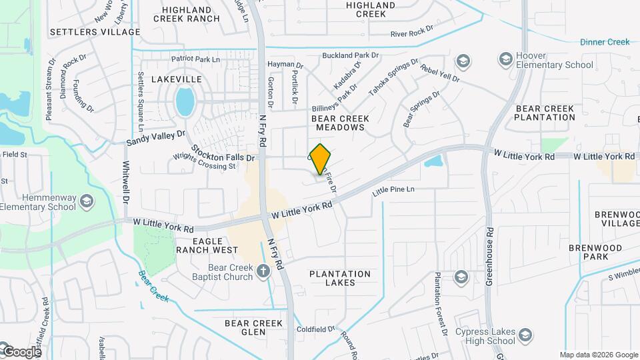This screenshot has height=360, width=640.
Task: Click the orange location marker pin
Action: point(321,159)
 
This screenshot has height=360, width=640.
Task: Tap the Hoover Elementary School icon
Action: point(505,61)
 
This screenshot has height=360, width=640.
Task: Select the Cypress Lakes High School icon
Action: point(524,335)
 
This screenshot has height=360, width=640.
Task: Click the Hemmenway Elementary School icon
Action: point(86,201)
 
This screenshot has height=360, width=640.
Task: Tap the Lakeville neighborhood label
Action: point(176,79)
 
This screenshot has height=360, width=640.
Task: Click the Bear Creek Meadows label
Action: point(341,122)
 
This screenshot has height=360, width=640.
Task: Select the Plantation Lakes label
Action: point(340,278)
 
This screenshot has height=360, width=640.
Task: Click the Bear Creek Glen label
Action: point(254,327)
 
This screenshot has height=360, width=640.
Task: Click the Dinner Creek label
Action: point(604,42)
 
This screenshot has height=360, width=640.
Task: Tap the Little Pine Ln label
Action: point(393,190)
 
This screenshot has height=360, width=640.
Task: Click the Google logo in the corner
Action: point(21,351)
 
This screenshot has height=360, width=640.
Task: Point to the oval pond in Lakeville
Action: point(185,102)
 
